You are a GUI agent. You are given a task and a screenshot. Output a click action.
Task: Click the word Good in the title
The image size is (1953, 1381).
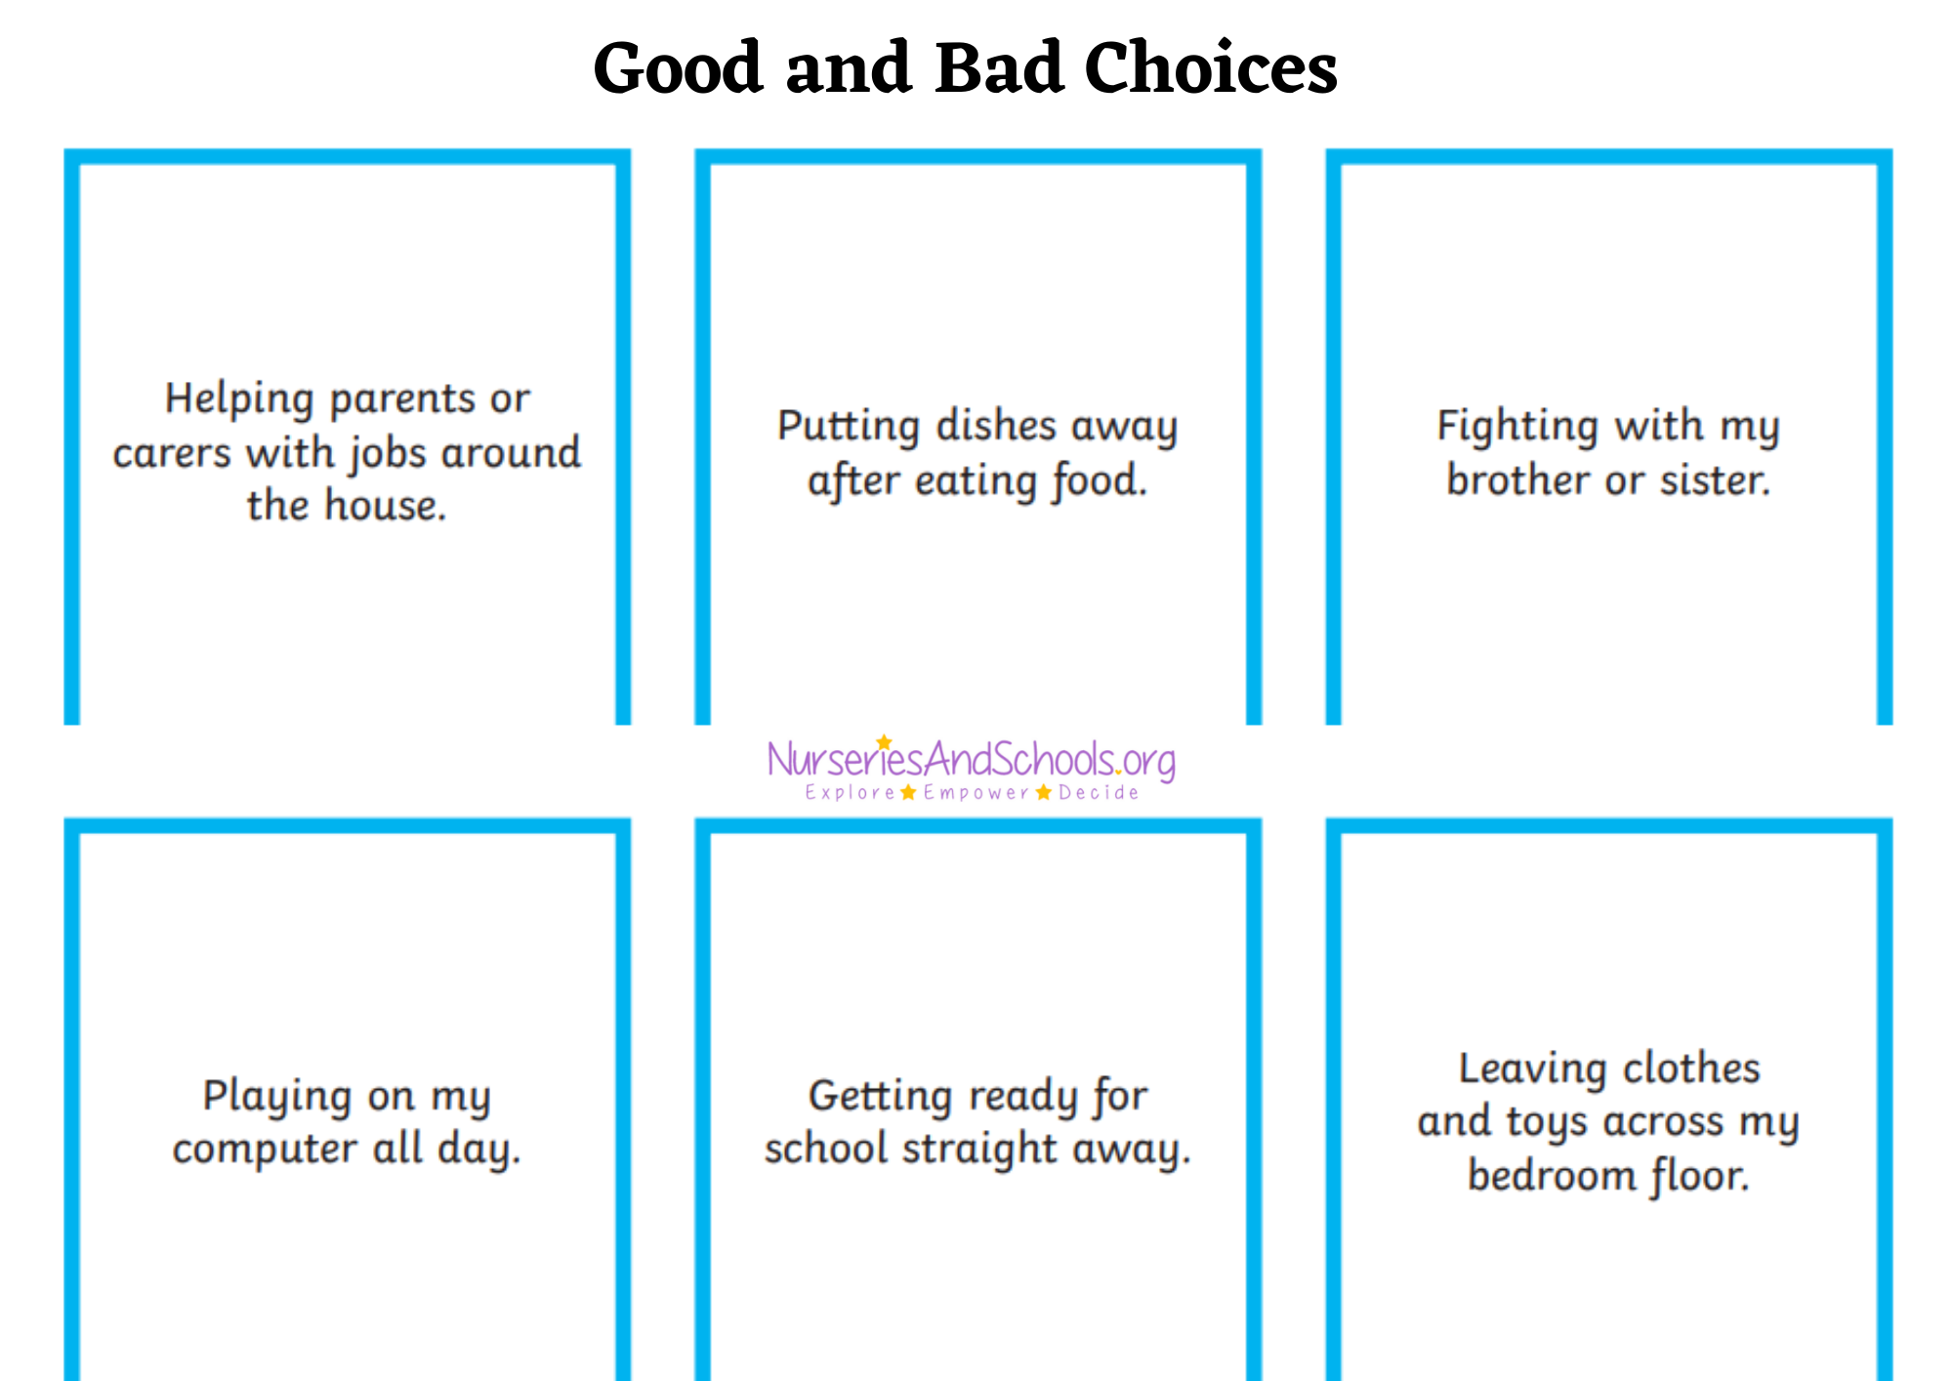pyautogui.click(x=678, y=68)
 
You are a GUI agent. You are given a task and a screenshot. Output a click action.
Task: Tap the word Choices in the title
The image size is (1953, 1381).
pyautogui.click(x=1211, y=68)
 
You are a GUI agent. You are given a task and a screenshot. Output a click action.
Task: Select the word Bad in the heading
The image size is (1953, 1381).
pyautogui.click(x=999, y=68)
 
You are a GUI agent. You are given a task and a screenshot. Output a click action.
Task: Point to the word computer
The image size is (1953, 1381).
pyautogui.click(x=265, y=1150)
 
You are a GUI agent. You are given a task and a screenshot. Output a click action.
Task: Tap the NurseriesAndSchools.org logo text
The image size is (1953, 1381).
pyautogui.click(x=972, y=760)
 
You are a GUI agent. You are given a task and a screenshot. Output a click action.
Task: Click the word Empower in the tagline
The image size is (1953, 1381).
pyautogui.click(x=976, y=793)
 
